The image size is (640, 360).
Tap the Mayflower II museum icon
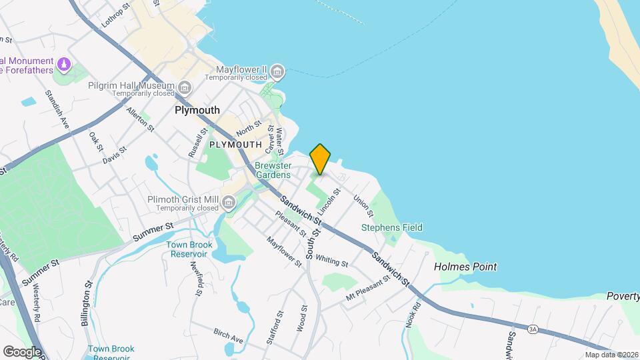278,70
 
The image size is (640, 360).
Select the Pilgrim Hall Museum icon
185,87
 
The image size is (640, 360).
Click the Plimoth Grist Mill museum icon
229,201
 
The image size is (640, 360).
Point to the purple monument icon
64,65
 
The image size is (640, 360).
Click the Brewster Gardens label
273,170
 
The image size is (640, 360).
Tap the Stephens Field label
392,227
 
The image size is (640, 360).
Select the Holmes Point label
465,267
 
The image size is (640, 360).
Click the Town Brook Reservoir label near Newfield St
189,249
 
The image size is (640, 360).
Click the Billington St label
87,304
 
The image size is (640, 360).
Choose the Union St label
363,205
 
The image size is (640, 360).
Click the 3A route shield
532,329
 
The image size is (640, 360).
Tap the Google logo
22,351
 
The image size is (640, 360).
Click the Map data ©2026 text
611,355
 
